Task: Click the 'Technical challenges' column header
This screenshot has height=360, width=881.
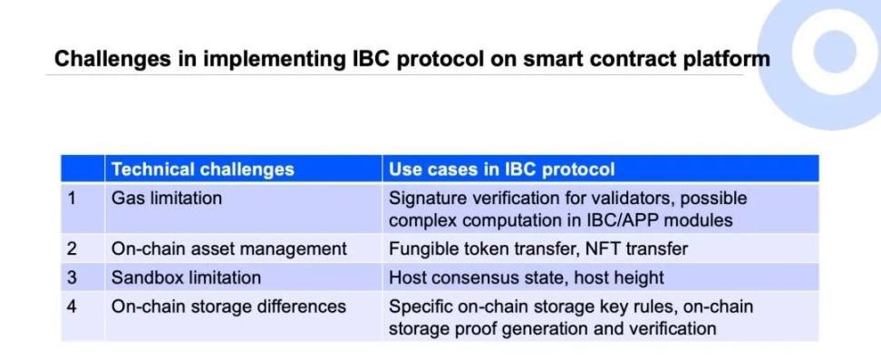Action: (203, 170)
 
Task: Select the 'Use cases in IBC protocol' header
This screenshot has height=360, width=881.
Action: (502, 170)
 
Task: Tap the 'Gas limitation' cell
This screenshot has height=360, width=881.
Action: (166, 198)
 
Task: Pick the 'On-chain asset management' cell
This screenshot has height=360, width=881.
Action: (229, 248)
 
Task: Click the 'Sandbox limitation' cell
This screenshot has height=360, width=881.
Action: (186, 277)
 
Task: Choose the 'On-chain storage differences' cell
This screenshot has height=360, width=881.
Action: (228, 306)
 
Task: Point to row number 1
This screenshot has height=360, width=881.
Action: (72, 199)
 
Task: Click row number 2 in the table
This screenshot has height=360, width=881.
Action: (72, 248)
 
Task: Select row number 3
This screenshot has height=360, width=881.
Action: (72, 277)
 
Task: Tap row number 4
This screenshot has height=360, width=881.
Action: (72, 306)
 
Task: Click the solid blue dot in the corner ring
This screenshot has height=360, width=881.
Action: (835, 51)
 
